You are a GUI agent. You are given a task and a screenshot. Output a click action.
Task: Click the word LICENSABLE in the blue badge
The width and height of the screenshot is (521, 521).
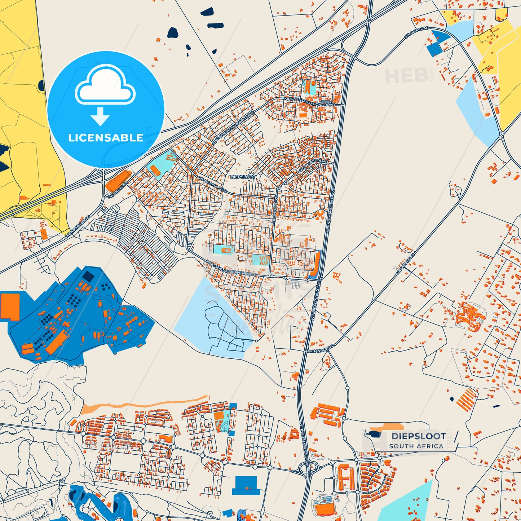[106, 138]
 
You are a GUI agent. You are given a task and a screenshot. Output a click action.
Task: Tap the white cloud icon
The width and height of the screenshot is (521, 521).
[105, 86]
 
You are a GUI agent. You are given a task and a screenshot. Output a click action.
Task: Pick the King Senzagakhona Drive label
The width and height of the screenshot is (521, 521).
[231, 269]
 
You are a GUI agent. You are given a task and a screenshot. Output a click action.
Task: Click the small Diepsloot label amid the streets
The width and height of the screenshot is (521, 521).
[243, 177]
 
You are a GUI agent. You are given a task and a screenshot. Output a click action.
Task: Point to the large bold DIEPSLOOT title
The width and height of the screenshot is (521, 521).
[419, 436]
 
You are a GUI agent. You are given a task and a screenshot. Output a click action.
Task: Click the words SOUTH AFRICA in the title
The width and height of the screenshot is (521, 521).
[416, 446]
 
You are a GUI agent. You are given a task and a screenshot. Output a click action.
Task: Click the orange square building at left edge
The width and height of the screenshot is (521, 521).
[10, 306]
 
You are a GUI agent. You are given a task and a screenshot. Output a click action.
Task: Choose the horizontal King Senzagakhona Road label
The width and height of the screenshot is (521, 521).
[309, 102]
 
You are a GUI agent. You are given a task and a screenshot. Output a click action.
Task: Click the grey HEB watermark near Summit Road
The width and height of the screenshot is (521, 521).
[407, 75]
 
